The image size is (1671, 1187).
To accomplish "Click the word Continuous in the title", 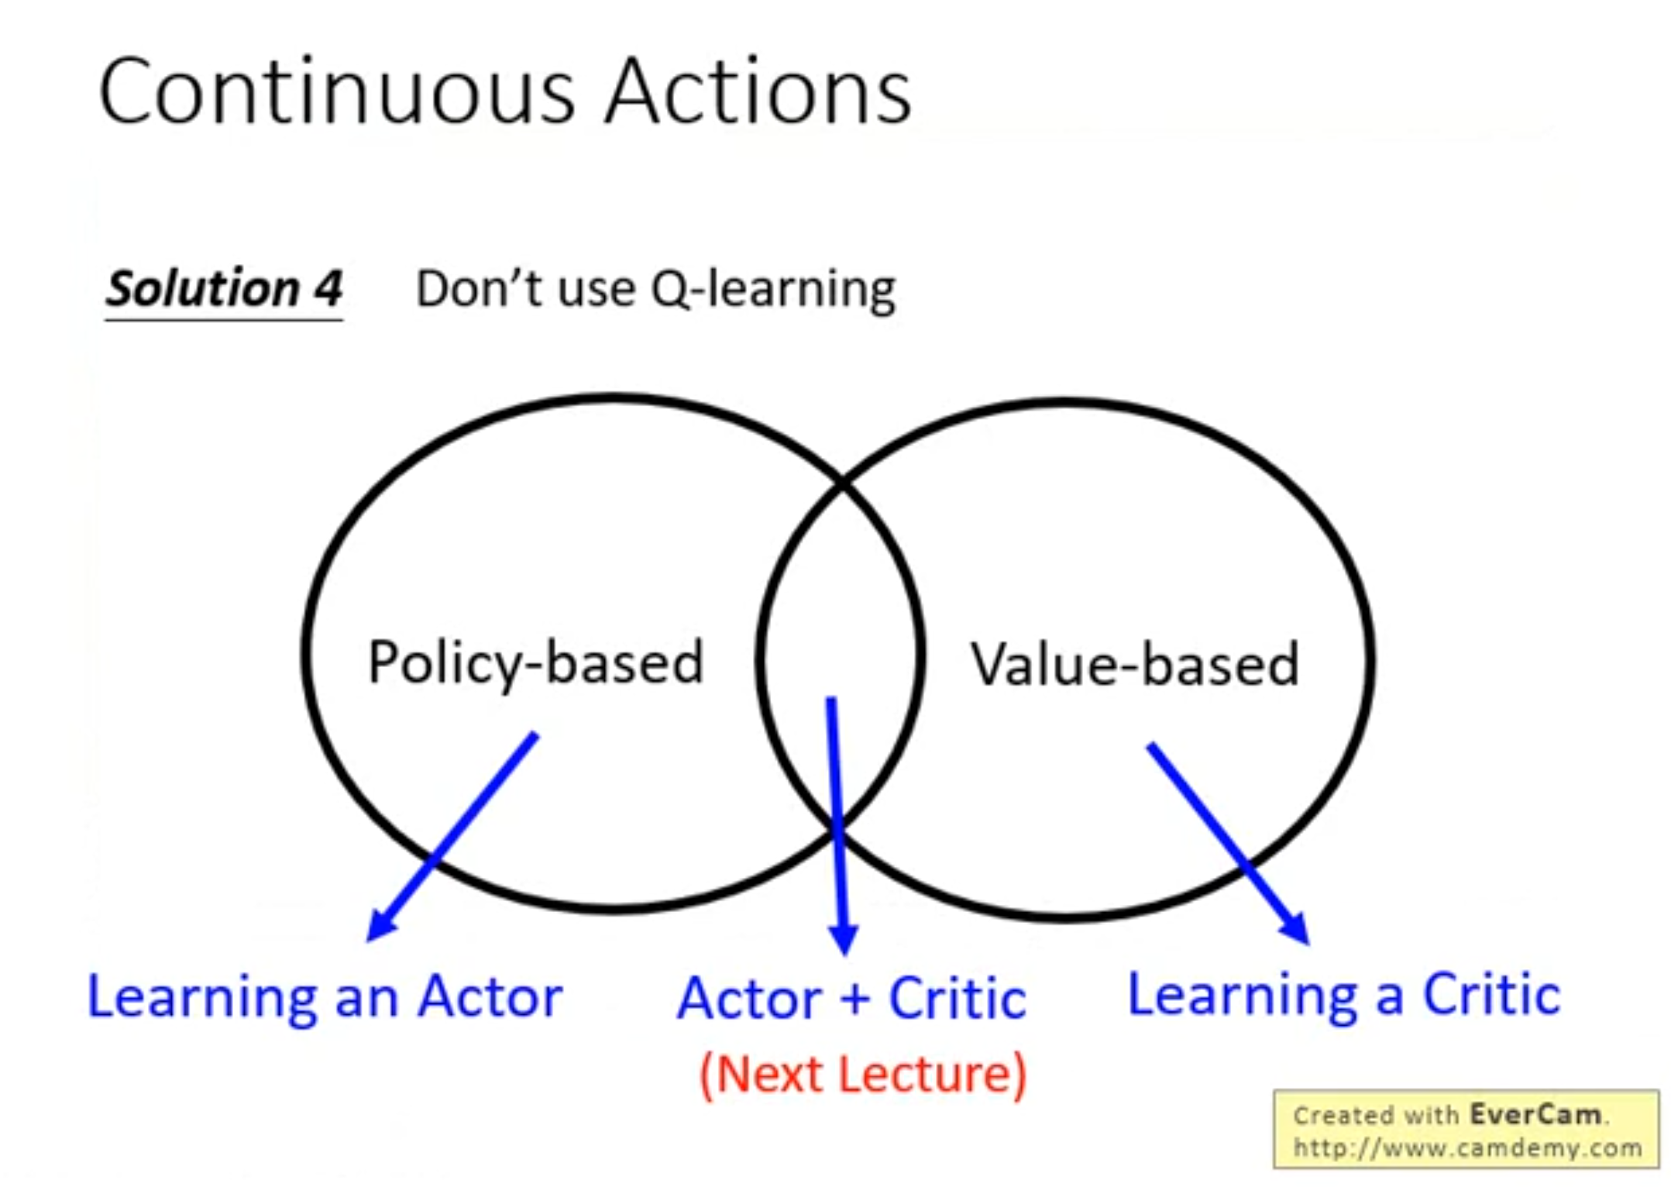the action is click(x=338, y=92).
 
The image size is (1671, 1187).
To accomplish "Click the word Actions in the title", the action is click(x=758, y=92).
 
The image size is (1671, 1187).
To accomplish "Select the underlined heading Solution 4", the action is click(x=224, y=290).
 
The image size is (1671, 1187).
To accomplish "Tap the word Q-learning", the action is click(x=773, y=290).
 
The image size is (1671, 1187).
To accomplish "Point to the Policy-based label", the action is click(x=536, y=662).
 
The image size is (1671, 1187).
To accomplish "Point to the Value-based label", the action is click(x=1135, y=664).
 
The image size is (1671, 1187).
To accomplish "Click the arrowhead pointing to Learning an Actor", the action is click(x=383, y=924).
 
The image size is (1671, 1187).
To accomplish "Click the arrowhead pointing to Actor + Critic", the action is click(x=843, y=939).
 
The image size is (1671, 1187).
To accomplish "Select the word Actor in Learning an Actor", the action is click(x=490, y=997).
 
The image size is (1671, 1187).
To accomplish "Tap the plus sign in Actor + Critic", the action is click(x=854, y=999).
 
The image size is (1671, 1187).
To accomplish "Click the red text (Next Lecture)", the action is click(x=863, y=1075).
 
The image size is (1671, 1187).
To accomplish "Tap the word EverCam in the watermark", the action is click(x=1535, y=1115).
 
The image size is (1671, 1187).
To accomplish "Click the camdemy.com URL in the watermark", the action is click(x=1467, y=1147).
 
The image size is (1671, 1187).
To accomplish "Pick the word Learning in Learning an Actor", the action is click(x=202, y=999).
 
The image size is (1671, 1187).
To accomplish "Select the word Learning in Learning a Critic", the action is click(x=1243, y=997).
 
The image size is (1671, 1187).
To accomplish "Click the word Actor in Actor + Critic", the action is click(x=749, y=999).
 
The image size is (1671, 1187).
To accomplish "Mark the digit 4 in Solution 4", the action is click(x=328, y=289).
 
